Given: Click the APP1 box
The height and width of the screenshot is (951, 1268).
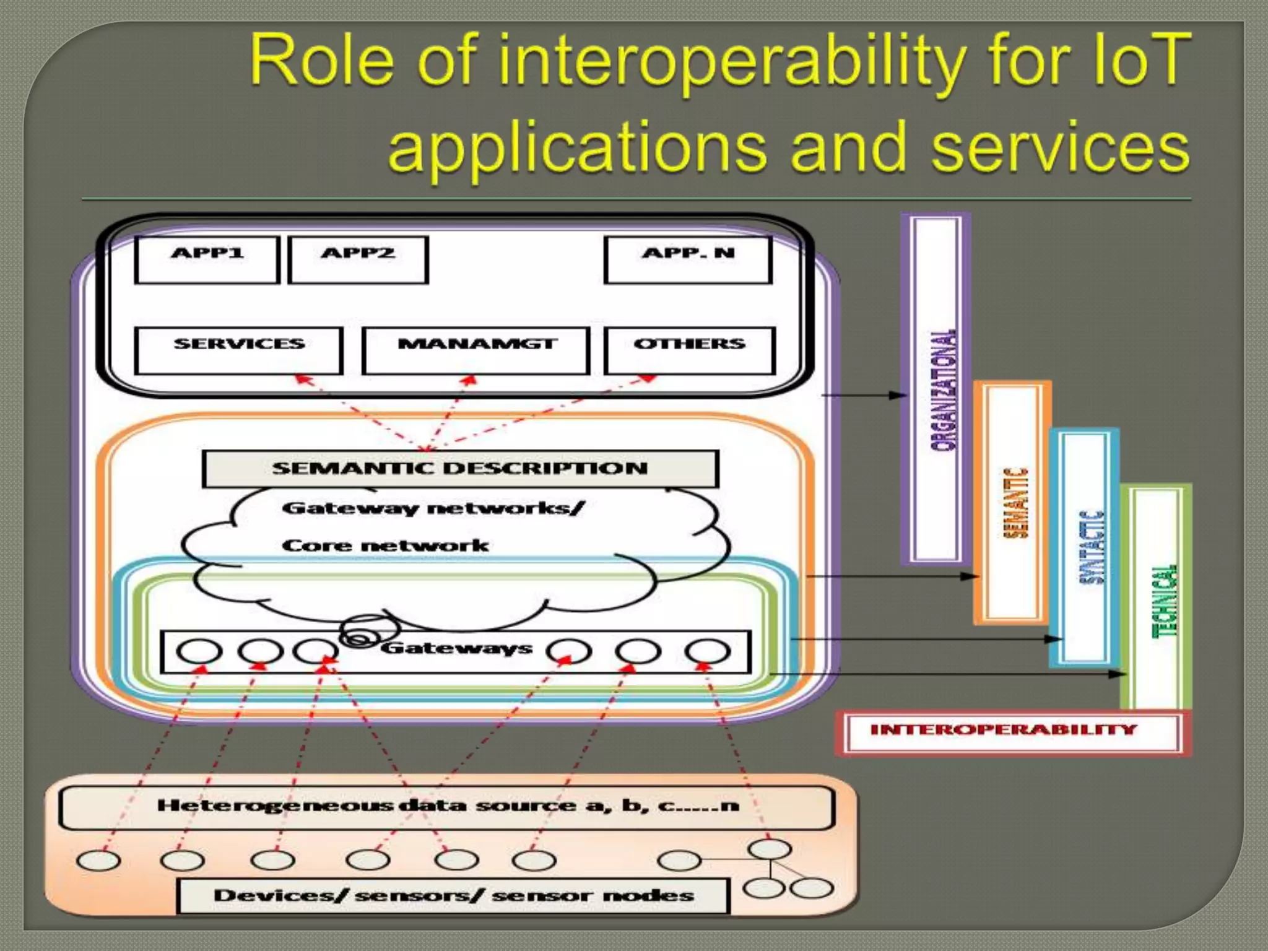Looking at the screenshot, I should click(x=207, y=260).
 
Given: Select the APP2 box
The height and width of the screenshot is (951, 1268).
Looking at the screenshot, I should click(x=358, y=260).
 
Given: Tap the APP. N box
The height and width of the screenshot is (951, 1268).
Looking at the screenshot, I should click(x=688, y=260).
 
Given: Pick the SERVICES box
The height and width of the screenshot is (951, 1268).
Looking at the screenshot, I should click(x=238, y=350).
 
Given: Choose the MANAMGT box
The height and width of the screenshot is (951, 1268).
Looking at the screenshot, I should click(x=475, y=350).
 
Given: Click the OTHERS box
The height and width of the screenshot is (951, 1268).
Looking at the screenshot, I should click(x=689, y=350).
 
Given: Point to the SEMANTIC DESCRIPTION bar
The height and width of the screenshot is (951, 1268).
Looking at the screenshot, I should click(x=460, y=469).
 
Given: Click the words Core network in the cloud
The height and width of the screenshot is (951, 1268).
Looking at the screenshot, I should click(x=385, y=545).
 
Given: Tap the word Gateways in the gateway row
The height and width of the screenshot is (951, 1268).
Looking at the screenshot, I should click(x=456, y=648).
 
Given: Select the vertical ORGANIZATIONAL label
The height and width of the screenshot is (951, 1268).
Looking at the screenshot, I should click(x=943, y=390).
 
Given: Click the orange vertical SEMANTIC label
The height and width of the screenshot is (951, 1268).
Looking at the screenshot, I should click(x=1015, y=503).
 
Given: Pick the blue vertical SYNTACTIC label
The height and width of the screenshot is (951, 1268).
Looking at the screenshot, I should click(x=1091, y=548).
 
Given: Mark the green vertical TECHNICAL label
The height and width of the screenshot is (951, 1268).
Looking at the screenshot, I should click(x=1163, y=601).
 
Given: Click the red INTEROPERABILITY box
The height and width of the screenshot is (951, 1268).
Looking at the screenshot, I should click(x=1004, y=730).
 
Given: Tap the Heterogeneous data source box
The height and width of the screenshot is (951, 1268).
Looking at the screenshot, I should click(x=447, y=806).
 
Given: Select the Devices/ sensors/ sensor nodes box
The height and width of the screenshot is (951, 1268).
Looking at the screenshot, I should click(x=453, y=896).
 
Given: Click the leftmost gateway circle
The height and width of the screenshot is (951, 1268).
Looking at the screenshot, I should click(x=199, y=651).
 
